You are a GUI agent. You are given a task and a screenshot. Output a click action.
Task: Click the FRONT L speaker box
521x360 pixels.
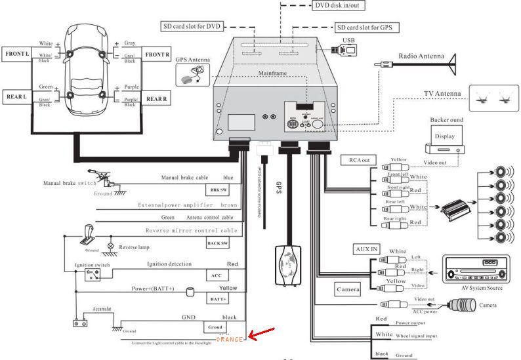[18, 53]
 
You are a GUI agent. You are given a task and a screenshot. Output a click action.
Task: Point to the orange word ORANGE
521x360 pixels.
[230, 339]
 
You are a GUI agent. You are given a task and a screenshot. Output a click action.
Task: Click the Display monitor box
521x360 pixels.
[444, 136]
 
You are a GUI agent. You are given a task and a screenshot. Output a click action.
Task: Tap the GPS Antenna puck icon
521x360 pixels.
[192, 75]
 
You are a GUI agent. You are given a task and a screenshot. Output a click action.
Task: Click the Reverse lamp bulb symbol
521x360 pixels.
[111, 247]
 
